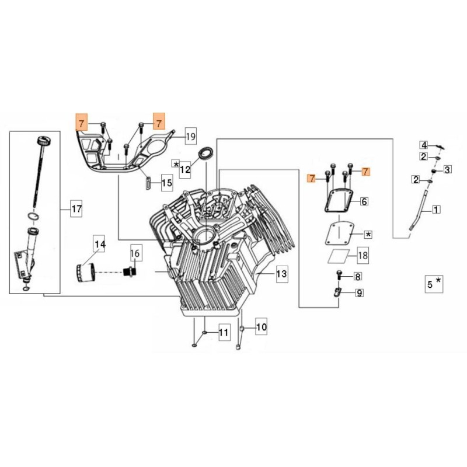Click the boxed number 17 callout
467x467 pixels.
[x=76, y=208]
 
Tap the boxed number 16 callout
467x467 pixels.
[x=135, y=253]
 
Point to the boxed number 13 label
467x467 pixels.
[x=281, y=273]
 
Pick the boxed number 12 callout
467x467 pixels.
[x=185, y=170]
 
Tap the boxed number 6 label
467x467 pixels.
[x=364, y=201]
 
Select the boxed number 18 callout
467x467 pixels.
[x=363, y=255]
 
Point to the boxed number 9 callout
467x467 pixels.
[x=359, y=293]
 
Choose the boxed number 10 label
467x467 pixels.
[x=260, y=328]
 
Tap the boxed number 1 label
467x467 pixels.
[x=435, y=208]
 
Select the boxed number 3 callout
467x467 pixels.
[x=447, y=170]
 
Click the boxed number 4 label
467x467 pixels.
[x=424, y=145]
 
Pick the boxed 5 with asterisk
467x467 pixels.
[x=434, y=284]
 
